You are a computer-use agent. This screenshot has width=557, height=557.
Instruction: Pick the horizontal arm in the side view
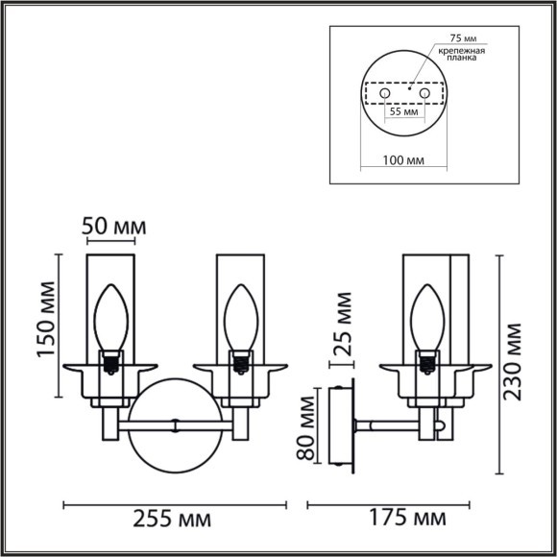(x=389, y=424)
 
